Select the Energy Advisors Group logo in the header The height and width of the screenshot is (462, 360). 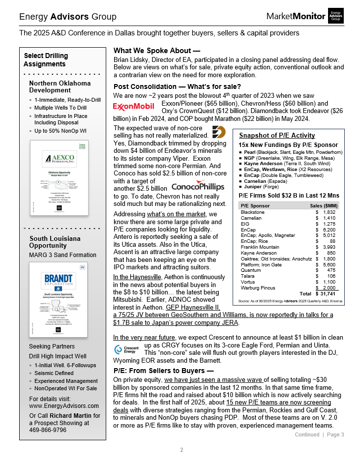point(336,16)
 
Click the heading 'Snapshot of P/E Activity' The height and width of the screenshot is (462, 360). point(277,136)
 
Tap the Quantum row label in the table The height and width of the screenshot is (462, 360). point(251,270)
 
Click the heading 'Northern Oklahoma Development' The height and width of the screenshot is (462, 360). point(60,87)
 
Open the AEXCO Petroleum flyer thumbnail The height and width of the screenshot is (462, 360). point(60,177)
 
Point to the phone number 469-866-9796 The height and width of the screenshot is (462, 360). point(48,430)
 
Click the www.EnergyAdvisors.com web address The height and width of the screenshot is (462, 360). point(64,406)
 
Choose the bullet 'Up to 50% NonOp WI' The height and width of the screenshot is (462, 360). point(60,131)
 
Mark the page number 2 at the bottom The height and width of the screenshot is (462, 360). point(181,450)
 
